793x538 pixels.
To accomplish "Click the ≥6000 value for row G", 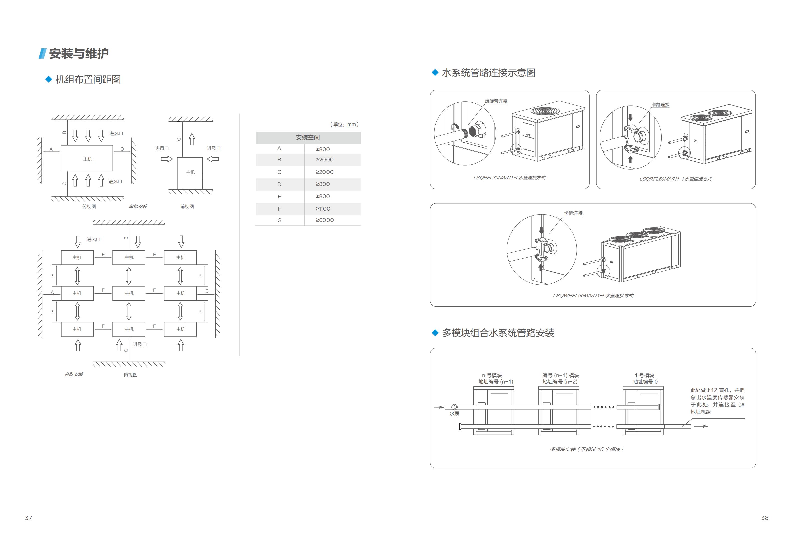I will (325, 220).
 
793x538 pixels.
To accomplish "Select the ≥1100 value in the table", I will (323, 209).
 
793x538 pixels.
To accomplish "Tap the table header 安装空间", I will (308, 137).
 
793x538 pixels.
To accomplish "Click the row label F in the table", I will (279, 209).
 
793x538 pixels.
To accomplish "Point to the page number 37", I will (29, 518).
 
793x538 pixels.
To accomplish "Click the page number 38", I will (765, 518).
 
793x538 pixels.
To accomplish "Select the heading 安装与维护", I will (79, 53).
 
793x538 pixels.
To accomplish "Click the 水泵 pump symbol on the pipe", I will (454, 407).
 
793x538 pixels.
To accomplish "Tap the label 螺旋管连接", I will (496, 101).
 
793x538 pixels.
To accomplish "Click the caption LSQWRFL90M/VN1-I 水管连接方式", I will (593, 296).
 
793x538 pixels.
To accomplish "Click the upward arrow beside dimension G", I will (192, 139).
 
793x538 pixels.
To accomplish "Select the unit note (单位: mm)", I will (344, 124).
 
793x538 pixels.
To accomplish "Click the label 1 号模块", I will (644, 375).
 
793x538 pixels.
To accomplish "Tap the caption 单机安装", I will (138, 206).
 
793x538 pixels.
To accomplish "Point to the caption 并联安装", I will (74, 374).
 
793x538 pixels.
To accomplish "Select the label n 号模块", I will (492, 375).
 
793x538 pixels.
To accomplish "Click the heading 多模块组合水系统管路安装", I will (498, 333).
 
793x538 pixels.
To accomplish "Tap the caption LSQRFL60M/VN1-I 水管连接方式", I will (675, 179).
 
